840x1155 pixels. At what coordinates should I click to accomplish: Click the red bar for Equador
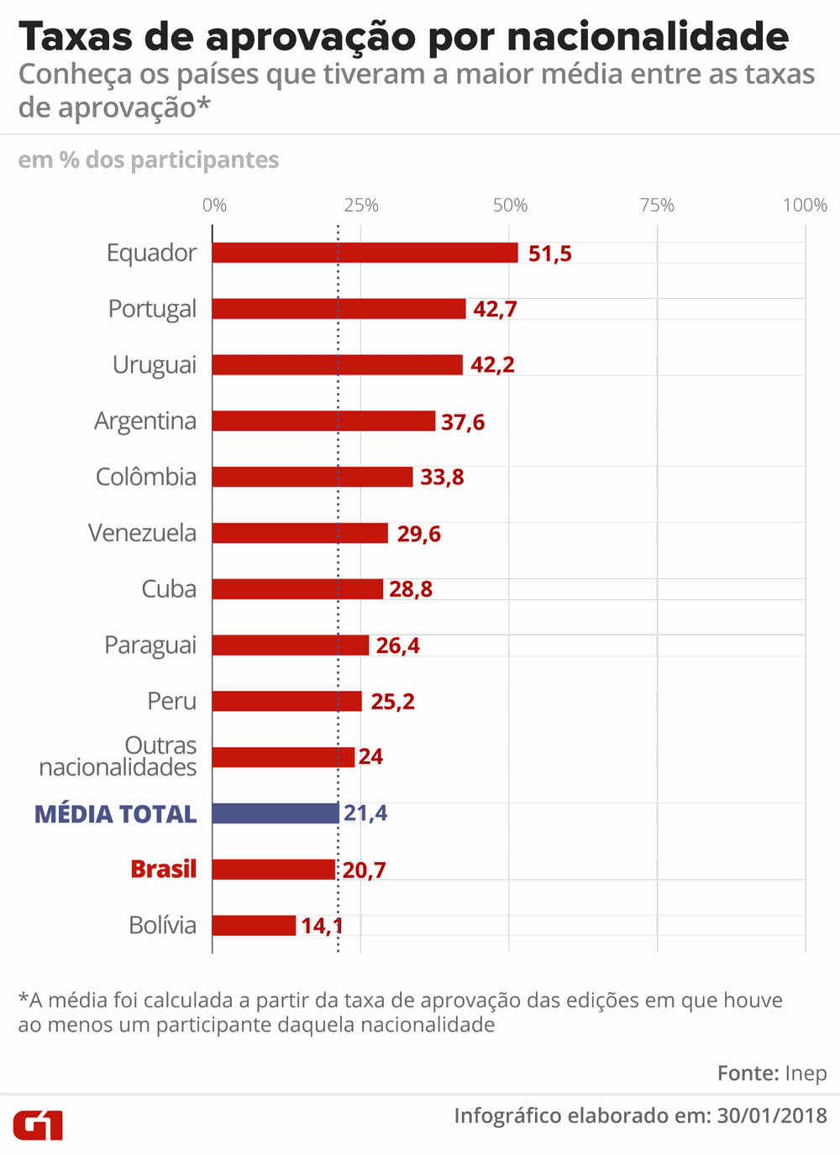pyautogui.click(x=365, y=253)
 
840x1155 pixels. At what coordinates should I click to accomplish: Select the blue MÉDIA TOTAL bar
pyautogui.click(x=276, y=813)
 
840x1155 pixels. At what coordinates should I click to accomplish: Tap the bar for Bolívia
pyautogui.click(x=254, y=925)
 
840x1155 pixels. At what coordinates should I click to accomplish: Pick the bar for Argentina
pyautogui.click(x=323, y=421)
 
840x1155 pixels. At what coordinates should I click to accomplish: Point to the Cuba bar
pyautogui.click(x=297, y=589)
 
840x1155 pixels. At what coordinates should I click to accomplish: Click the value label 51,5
pyautogui.click(x=550, y=253)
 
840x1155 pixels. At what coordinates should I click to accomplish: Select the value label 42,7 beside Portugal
pyautogui.click(x=495, y=309)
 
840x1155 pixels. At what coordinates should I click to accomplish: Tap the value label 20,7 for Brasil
pyautogui.click(x=364, y=870)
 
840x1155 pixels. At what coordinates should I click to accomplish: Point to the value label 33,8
pyautogui.click(x=442, y=477)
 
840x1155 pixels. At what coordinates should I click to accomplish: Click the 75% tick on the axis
pyautogui.click(x=657, y=206)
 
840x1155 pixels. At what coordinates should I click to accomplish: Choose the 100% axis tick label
pyautogui.click(x=805, y=206)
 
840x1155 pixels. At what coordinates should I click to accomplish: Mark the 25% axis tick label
pyautogui.click(x=361, y=206)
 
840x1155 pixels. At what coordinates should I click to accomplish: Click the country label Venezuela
pyautogui.click(x=142, y=533)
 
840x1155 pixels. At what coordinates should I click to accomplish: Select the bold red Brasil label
pyautogui.click(x=163, y=869)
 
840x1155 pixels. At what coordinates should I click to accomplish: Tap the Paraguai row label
pyautogui.click(x=150, y=645)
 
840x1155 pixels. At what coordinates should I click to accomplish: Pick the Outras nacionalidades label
pyautogui.click(x=118, y=756)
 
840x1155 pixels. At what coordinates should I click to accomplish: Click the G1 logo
pyautogui.click(x=39, y=1125)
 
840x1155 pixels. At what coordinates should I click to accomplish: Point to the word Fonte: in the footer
pyautogui.click(x=748, y=1073)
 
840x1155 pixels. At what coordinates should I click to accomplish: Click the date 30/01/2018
pyautogui.click(x=772, y=1116)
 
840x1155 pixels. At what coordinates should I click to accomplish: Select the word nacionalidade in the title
pyautogui.click(x=648, y=37)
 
